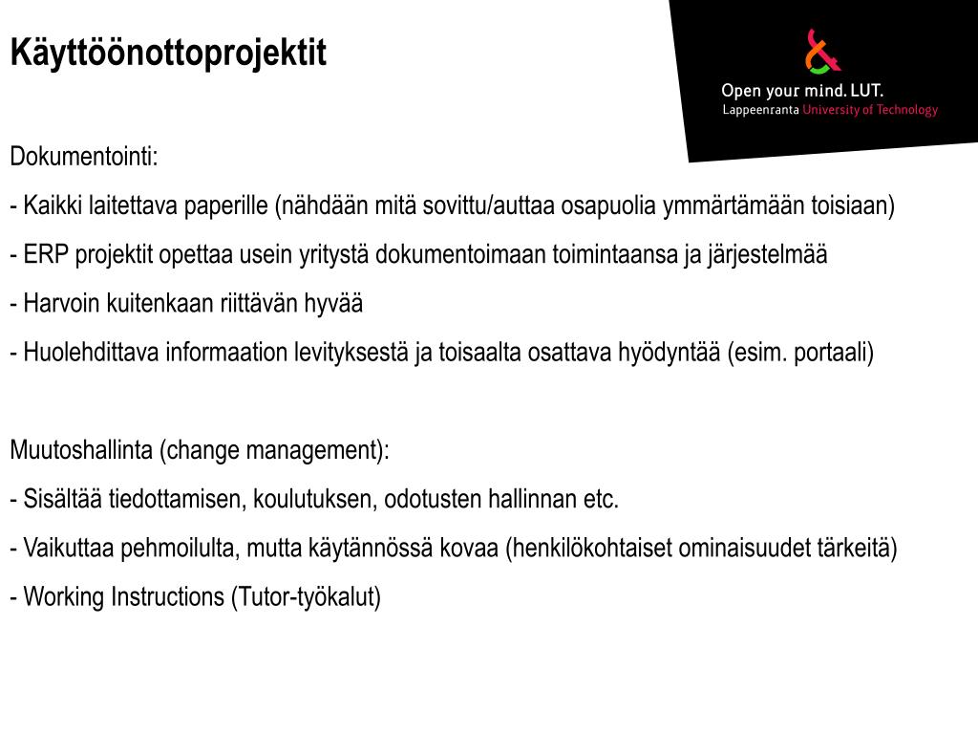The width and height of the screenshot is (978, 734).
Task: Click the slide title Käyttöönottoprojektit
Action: click(168, 54)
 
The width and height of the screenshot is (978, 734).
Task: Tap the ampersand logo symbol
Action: click(821, 52)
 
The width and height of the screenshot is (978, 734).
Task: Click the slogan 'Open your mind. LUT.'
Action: click(801, 91)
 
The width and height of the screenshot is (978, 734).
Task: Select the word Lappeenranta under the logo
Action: click(760, 110)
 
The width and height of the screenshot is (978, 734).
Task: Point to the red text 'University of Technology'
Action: click(870, 110)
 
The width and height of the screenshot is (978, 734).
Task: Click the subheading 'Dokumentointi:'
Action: click(84, 157)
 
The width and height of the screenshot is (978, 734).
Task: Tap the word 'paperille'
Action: click(227, 205)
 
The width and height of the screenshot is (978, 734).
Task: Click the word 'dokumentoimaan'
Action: click(459, 255)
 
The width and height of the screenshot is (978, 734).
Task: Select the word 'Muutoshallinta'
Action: click(82, 450)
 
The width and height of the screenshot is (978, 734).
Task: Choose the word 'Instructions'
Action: click(168, 597)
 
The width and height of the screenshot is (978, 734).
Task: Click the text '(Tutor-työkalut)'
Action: click(306, 597)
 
